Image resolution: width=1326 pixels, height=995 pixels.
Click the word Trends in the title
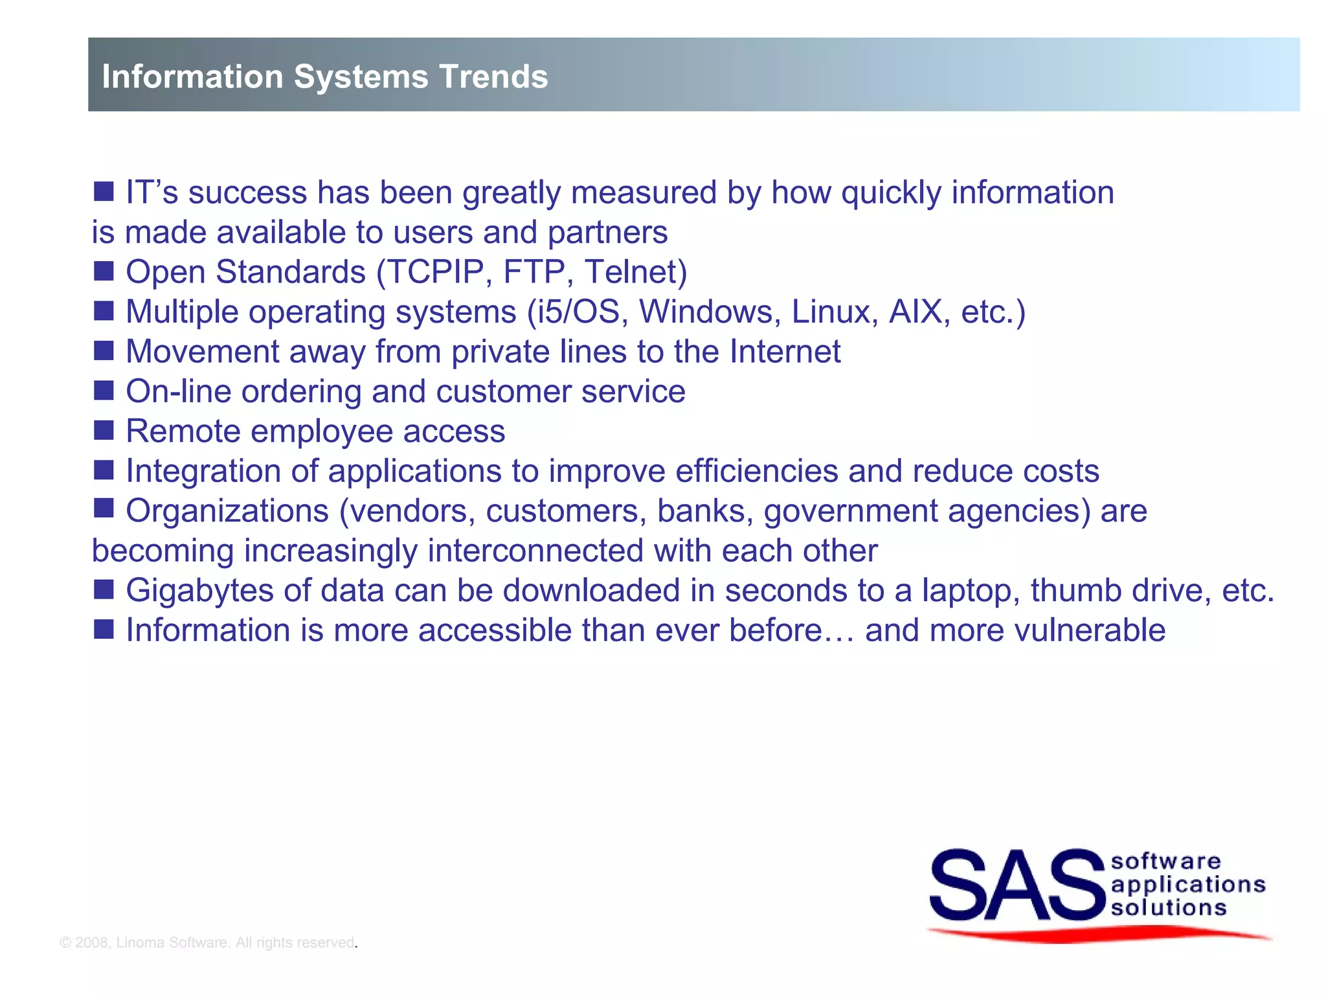click(494, 76)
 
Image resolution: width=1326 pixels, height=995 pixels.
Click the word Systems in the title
click(361, 76)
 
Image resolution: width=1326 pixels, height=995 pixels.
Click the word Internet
click(785, 352)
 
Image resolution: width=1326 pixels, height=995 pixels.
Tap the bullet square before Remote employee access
click(104, 430)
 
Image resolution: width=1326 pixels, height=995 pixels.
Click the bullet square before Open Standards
click(104, 271)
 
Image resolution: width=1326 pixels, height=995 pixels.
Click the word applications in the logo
click(1187, 885)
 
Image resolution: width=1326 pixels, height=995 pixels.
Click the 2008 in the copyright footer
click(91, 943)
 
